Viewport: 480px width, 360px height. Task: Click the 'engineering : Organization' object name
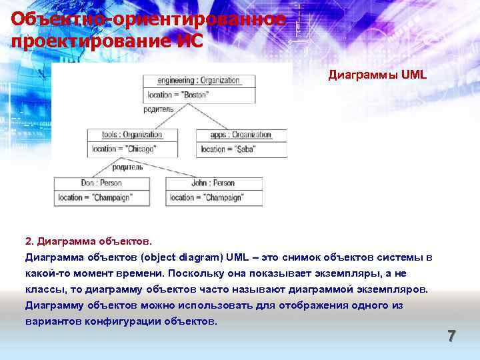click(x=199, y=80)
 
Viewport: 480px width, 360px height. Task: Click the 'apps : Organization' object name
click(x=241, y=134)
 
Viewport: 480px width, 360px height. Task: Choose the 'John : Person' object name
click(x=213, y=183)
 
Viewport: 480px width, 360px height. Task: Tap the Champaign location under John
click(x=207, y=197)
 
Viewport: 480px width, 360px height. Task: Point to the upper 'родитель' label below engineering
click(x=159, y=109)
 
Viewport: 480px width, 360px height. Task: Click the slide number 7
click(x=451, y=337)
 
